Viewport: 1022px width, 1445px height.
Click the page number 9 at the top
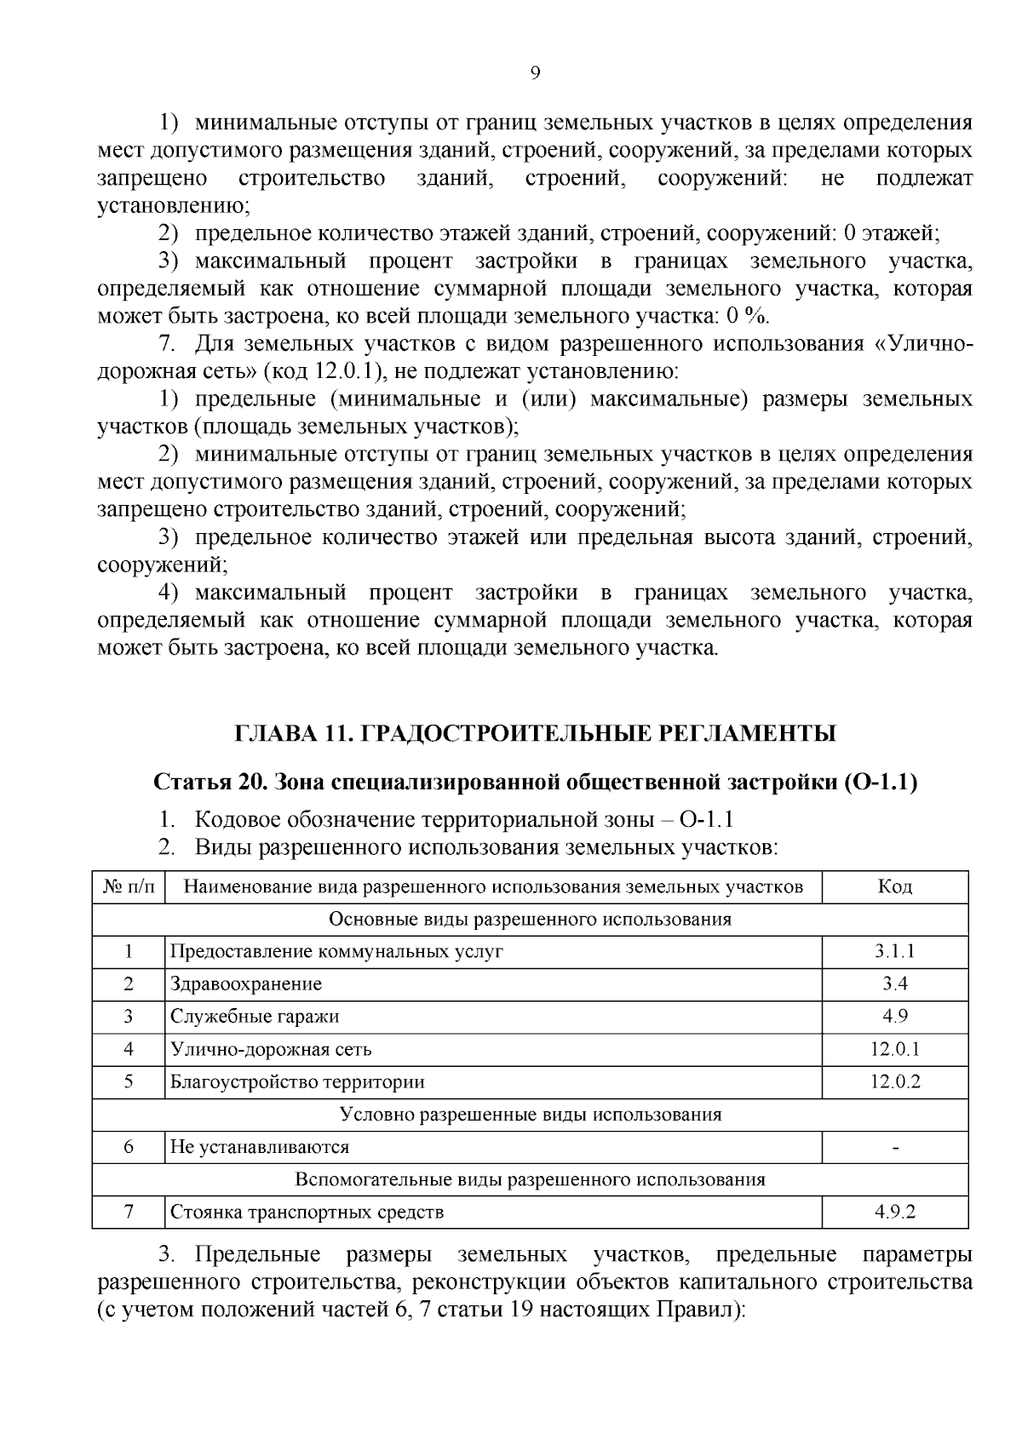coord(535,73)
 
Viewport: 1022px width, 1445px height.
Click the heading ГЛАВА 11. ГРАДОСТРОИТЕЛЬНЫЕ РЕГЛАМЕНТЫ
coord(535,733)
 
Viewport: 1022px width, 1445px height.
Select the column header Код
coord(894,886)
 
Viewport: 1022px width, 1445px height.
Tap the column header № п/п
coord(129,886)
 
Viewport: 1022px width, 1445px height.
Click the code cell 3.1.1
coord(894,951)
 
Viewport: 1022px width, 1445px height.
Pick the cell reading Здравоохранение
coord(246,984)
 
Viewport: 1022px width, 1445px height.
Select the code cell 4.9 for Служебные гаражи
coord(894,1017)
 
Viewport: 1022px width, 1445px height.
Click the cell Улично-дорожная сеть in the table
coord(271,1049)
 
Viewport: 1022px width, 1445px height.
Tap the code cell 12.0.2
coord(894,1082)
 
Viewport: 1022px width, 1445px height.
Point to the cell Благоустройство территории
coord(297,1082)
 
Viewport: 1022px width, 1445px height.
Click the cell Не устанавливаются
coord(260,1147)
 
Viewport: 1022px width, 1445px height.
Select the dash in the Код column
coord(894,1148)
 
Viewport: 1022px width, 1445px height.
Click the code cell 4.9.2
coord(894,1213)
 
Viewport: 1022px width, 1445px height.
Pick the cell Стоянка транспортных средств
coord(307,1213)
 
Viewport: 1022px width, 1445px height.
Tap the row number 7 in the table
coord(129,1213)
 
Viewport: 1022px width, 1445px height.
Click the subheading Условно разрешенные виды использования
coord(530,1115)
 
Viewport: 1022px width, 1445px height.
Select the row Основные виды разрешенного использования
coord(530,919)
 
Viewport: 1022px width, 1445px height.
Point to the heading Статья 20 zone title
coord(535,783)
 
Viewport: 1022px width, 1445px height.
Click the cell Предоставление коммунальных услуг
coord(336,951)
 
